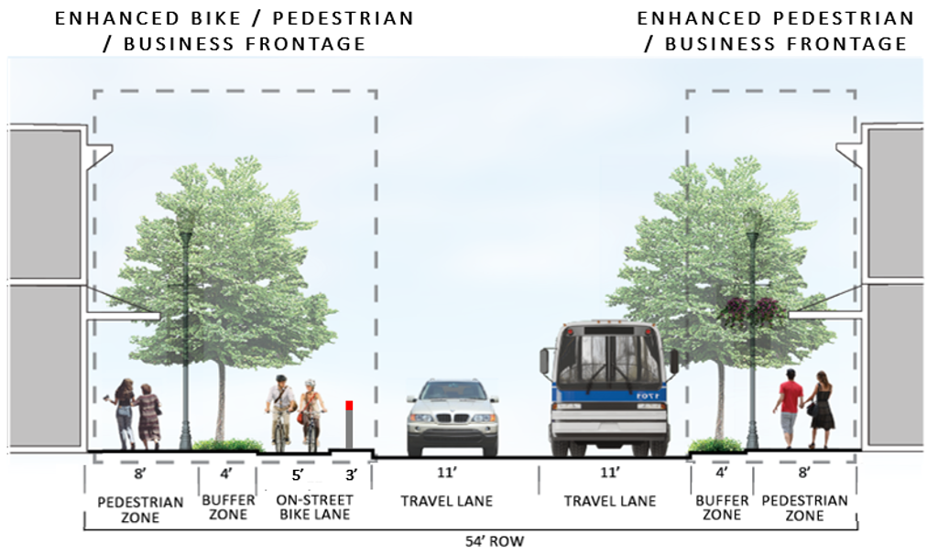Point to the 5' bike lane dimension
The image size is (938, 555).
tap(298, 475)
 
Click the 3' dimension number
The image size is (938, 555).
tap(351, 475)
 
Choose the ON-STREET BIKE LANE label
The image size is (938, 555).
tap(314, 507)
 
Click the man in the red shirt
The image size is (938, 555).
tap(789, 408)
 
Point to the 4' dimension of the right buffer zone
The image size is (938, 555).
tap(720, 474)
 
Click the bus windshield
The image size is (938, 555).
tap(607, 358)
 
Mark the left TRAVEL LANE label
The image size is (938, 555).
tap(447, 501)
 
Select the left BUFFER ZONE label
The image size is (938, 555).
tap(228, 507)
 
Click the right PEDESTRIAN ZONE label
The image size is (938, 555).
tap(805, 507)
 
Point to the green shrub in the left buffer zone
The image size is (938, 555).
tap(228, 445)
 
